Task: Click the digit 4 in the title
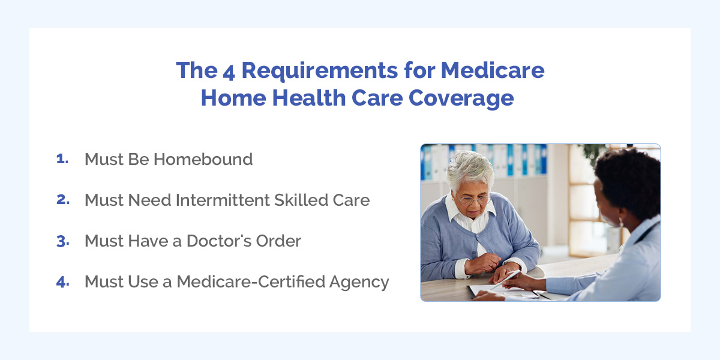click(x=229, y=73)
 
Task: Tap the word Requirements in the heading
click(x=319, y=71)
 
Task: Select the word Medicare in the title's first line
click(x=493, y=70)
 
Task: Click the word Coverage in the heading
click(x=461, y=98)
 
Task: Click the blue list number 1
click(x=62, y=158)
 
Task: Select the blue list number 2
click(x=63, y=199)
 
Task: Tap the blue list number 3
click(x=63, y=241)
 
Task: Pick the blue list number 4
click(x=62, y=282)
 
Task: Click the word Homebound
click(x=203, y=159)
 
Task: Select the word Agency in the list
click(x=359, y=283)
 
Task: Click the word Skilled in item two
click(x=301, y=200)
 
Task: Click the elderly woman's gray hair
click(x=469, y=169)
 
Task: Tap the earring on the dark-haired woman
click(x=620, y=222)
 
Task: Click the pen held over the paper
click(x=505, y=280)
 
